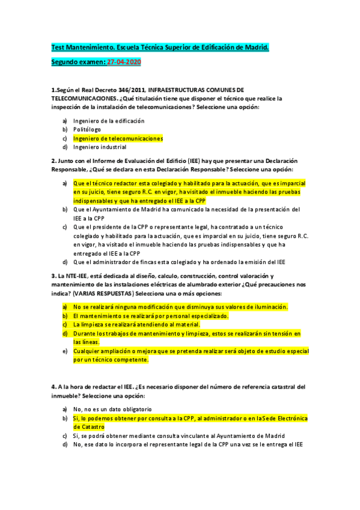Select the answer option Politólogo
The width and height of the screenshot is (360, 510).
click(x=87, y=129)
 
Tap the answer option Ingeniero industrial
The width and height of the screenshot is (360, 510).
click(x=100, y=147)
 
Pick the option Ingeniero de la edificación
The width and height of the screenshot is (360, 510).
click(x=109, y=121)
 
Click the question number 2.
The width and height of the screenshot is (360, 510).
click(x=53, y=161)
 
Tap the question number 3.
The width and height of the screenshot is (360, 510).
click(x=53, y=275)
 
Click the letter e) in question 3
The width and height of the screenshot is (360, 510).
click(x=65, y=351)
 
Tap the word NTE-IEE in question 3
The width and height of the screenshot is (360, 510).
click(x=81, y=275)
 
